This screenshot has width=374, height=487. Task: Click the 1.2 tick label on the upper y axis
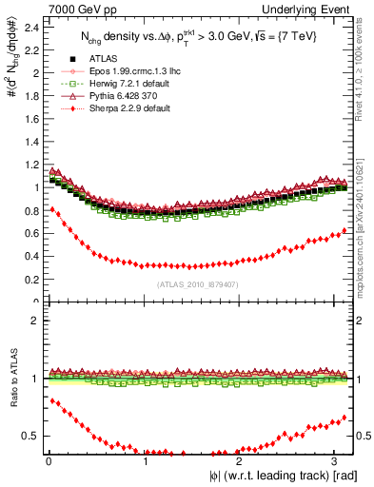coord(30,165)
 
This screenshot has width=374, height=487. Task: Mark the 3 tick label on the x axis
coord(339,462)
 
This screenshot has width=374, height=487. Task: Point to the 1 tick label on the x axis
coord(146,462)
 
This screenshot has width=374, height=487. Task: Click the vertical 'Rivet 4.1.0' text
coord(365,67)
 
